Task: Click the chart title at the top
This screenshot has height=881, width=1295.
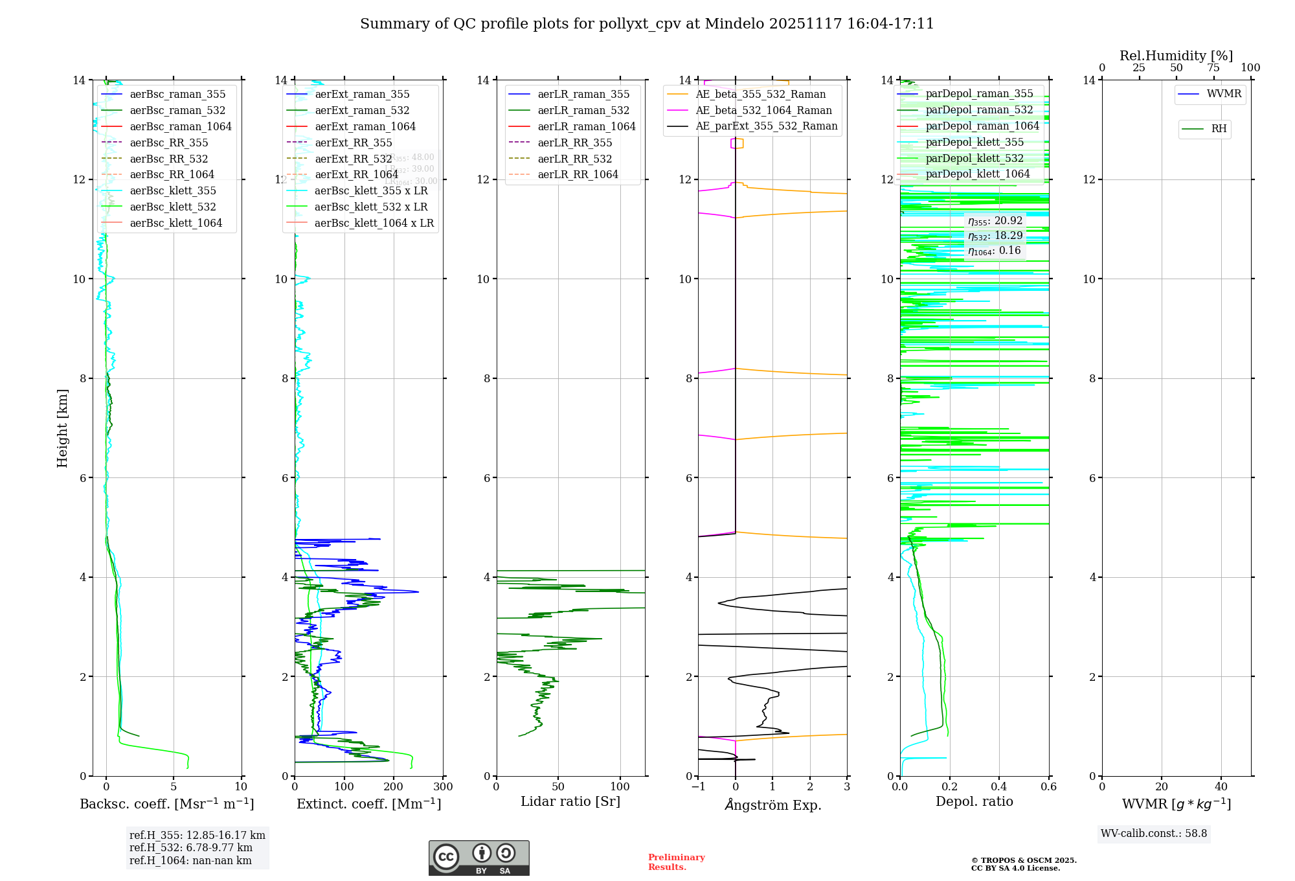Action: point(647,24)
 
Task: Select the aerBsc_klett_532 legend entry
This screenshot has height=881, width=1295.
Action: point(173,207)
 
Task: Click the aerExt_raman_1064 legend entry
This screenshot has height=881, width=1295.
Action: point(365,127)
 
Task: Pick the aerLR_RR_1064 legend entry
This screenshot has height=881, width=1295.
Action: point(578,175)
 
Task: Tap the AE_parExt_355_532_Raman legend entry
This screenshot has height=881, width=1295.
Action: point(767,126)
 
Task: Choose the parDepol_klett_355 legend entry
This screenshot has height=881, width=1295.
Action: point(974,143)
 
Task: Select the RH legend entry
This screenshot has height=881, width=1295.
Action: point(1219,129)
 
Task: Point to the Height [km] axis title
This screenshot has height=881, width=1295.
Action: point(62,428)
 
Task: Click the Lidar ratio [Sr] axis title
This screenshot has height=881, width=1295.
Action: point(570,802)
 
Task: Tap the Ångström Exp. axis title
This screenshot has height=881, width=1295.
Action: point(772,805)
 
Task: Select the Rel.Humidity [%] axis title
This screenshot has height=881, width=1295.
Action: point(1176,56)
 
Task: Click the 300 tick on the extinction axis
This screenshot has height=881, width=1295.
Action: point(443,787)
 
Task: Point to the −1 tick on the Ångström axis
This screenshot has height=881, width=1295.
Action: point(697,787)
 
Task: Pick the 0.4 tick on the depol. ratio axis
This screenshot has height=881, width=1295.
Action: point(999,787)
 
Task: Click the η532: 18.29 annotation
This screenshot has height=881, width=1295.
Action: point(995,236)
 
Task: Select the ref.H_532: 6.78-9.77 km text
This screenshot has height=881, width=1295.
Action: point(191,848)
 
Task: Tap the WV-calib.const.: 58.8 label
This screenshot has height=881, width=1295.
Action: point(1154,834)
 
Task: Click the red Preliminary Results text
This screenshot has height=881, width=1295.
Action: point(676,862)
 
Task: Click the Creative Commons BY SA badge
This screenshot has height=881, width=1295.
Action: point(479,858)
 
